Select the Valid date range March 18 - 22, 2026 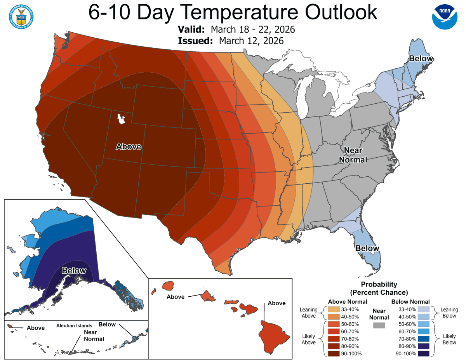point(253,30)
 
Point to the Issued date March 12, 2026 point(251,41)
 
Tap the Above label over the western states point(129,146)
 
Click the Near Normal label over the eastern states point(353,155)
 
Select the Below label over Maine point(420,59)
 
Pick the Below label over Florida point(367,248)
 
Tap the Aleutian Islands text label point(74,325)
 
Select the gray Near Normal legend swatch point(379,325)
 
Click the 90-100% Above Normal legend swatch point(334,353)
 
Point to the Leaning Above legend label point(309,313)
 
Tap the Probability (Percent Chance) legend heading point(379,288)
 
